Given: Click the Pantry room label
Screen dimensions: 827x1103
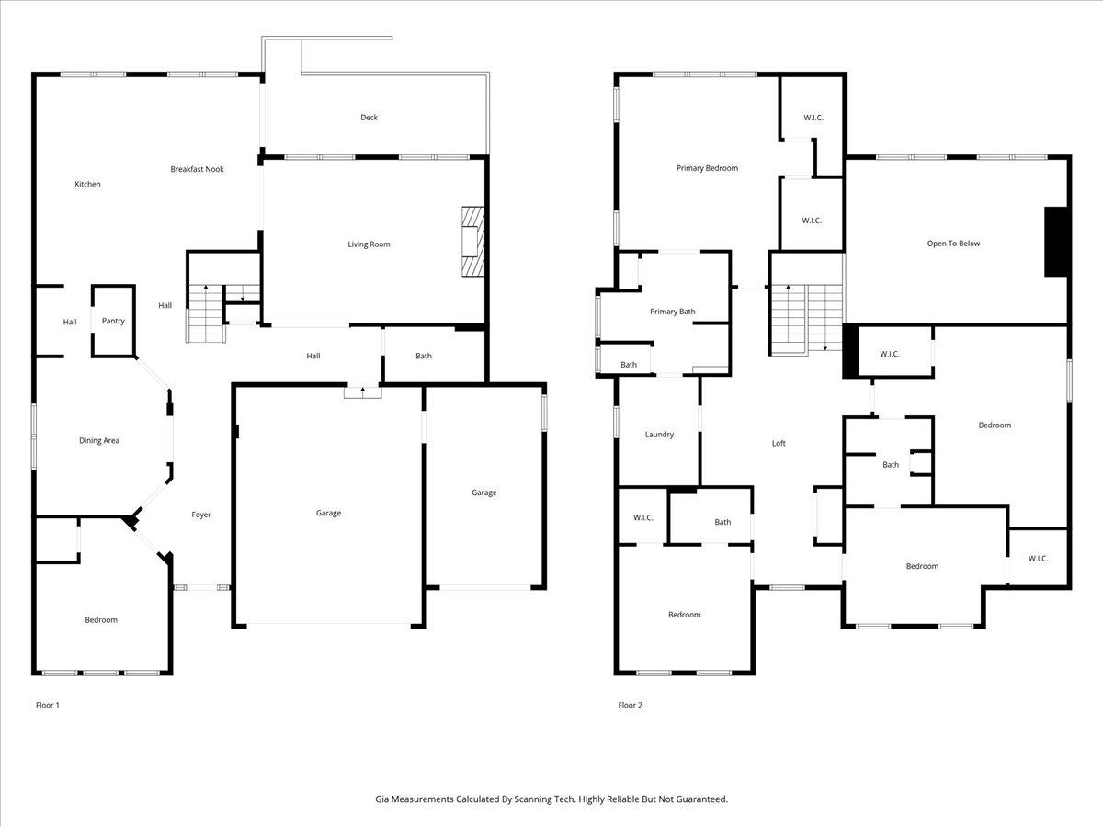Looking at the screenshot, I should (113, 321).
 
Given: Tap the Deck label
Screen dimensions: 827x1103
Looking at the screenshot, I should (369, 118).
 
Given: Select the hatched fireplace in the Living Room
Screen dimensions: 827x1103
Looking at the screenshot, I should (471, 242).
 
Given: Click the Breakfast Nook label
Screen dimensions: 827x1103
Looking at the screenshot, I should (197, 169).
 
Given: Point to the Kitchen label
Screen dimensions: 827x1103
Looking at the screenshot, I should (87, 185).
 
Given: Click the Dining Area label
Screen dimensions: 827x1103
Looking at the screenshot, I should (99, 441).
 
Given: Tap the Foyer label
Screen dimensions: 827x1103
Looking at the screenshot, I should (201, 515).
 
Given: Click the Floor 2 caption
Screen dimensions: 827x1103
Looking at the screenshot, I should (630, 705).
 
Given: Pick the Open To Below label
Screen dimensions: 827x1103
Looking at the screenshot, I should (953, 244).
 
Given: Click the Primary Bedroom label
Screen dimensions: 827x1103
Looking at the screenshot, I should (707, 168).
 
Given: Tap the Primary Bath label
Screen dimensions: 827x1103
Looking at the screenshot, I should (672, 312).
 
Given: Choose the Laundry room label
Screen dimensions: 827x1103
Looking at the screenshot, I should (659, 435).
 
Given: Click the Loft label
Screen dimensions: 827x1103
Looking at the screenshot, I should (779, 443).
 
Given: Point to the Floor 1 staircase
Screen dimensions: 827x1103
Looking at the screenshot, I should (206, 313).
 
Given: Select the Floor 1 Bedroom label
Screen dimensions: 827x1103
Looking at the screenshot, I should (101, 620).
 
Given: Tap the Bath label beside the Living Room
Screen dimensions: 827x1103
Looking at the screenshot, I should (423, 357).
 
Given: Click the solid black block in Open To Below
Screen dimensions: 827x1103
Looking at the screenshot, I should (1056, 242).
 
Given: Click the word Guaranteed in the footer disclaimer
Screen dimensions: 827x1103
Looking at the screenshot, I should (699, 799).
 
